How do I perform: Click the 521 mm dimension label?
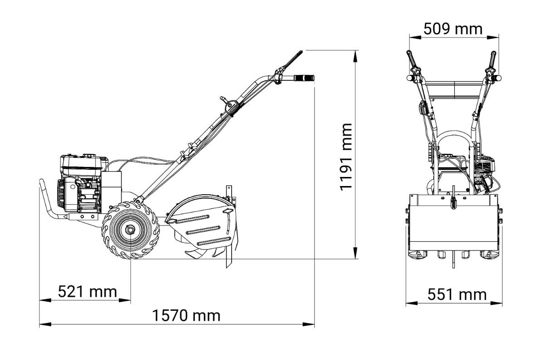click(x=87, y=292)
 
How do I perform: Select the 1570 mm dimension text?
click(x=186, y=316)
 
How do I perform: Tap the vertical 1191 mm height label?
click(x=346, y=157)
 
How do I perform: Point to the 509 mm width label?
click(x=453, y=29)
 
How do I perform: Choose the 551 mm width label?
click(x=457, y=294)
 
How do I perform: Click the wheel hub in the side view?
click(x=130, y=229)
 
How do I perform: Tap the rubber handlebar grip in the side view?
click(x=304, y=78)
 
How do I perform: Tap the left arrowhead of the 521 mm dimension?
click(x=45, y=300)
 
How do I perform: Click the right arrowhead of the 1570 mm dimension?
click(x=308, y=324)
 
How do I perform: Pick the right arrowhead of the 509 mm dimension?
click(x=493, y=38)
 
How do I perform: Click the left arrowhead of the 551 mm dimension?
click(x=412, y=303)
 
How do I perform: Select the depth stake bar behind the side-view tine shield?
click(x=229, y=226)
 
